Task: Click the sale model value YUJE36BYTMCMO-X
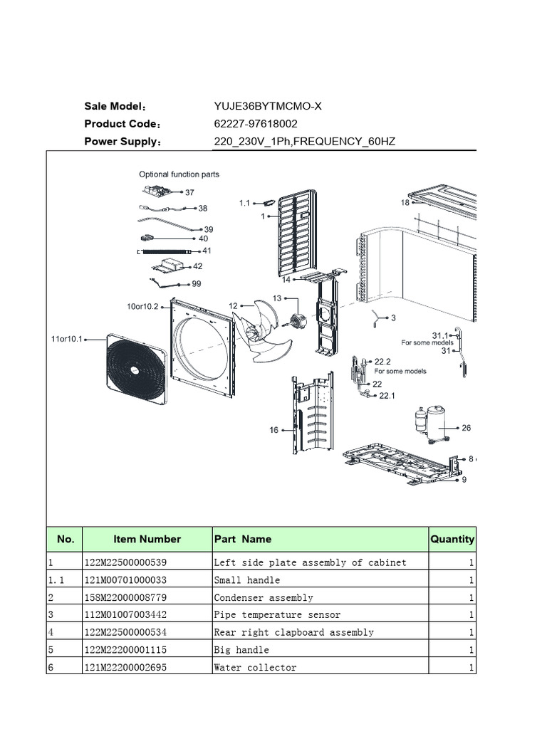click(268, 107)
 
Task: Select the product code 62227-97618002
click(256, 124)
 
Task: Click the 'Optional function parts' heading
click(179, 174)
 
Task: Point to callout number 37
click(189, 192)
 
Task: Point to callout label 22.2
click(383, 361)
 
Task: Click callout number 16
click(273, 429)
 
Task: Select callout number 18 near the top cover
click(405, 203)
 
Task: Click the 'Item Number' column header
click(147, 540)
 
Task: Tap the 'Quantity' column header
click(452, 540)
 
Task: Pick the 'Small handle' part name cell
click(247, 580)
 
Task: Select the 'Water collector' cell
click(255, 667)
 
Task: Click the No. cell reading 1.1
click(56, 580)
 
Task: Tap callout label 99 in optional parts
click(196, 283)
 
